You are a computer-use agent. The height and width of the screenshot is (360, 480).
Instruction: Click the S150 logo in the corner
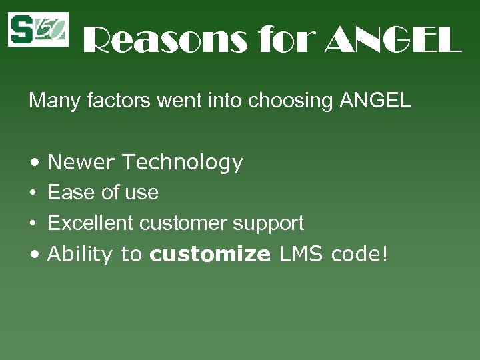(38, 29)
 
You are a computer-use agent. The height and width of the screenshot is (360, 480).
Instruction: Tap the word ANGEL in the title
(393, 41)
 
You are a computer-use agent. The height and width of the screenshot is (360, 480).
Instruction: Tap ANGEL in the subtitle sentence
(375, 101)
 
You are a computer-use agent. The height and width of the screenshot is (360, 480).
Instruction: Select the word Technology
(183, 163)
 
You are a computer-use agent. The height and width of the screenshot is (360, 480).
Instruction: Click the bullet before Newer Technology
(33, 163)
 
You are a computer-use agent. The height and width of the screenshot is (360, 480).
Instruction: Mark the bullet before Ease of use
(33, 193)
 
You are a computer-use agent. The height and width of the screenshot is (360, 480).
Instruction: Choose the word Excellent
(91, 223)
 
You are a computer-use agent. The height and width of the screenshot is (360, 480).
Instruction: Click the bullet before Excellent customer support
(33, 223)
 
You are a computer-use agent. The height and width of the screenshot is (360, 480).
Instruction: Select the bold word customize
(210, 254)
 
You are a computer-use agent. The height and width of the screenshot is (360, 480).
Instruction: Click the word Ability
(80, 255)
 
